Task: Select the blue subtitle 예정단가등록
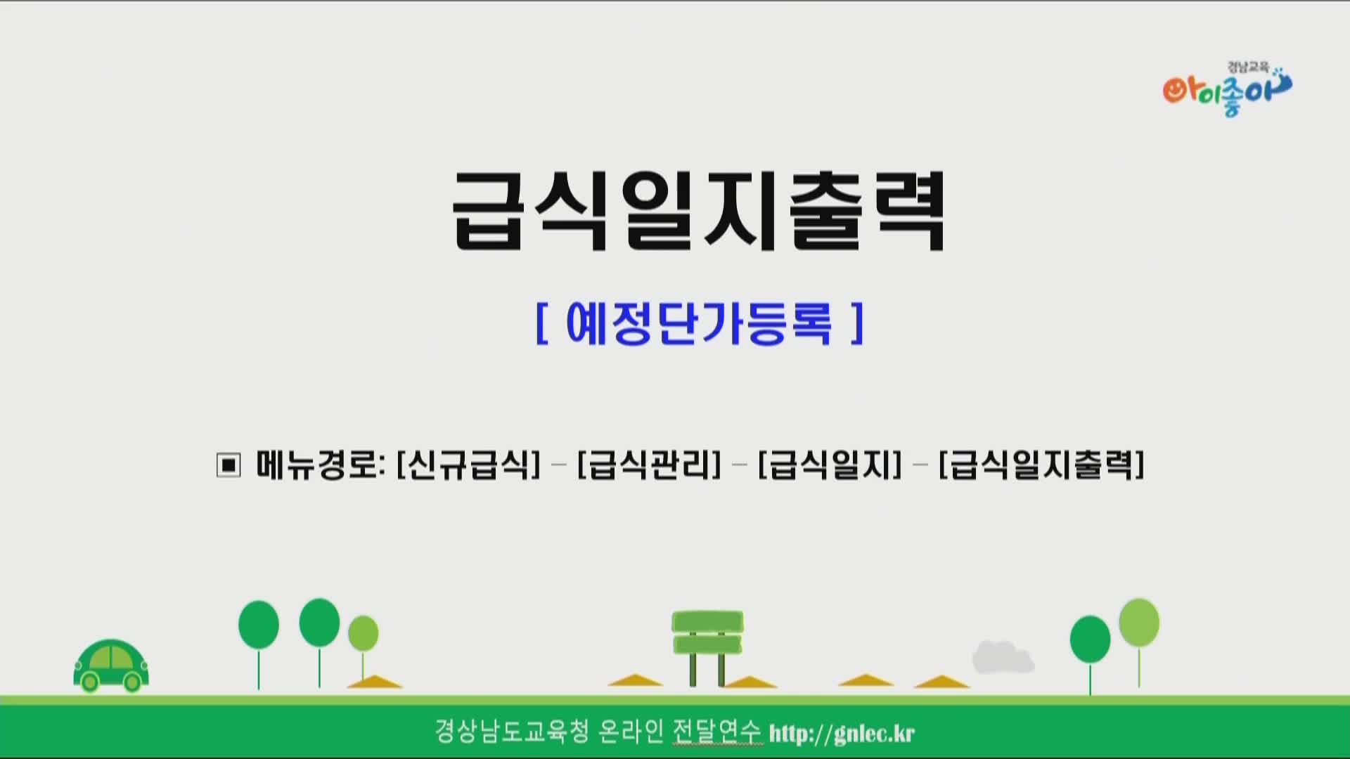tap(699, 323)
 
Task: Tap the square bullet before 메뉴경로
tap(229, 465)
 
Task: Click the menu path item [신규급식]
tap(468, 465)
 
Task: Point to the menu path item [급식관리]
tap(649, 465)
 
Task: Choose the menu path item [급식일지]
tap(830, 465)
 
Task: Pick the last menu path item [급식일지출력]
tap(1041, 465)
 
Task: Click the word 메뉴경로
tap(318, 465)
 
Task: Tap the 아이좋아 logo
tap(1227, 89)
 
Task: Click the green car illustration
tap(111, 665)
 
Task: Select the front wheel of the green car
tap(132, 681)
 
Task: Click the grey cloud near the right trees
tap(1003, 657)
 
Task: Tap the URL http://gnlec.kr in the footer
tap(842, 733)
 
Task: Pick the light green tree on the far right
tap(1139, 642)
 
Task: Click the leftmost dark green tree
tap(259, 644)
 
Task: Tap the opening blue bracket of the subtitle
tap(541, 323)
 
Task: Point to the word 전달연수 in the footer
tap(716, 732)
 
